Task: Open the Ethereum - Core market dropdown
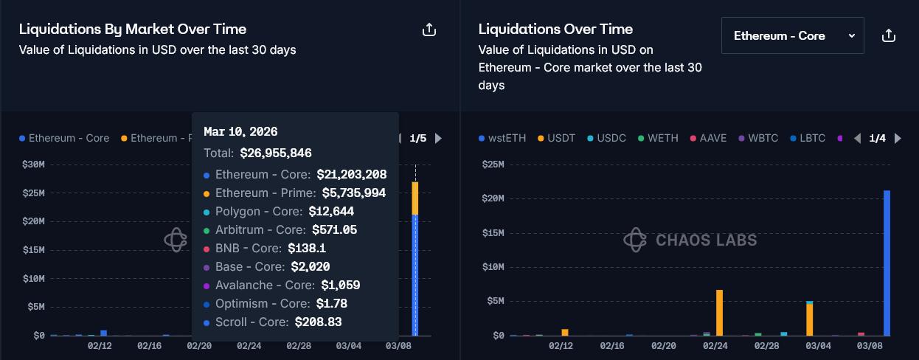[x=792, y=35]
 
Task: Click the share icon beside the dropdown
[x=889, y=35]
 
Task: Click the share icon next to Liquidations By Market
[x=429, y=30]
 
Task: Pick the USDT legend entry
[x=559, y=138]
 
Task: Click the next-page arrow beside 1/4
[x=897, y=138]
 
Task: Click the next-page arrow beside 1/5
[x=438, y=138]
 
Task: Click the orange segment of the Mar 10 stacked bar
[x=415, y=198]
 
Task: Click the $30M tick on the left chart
[x=34, y=165]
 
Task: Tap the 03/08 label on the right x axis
[x=869, y=345]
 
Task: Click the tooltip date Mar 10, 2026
[x=240, y=132]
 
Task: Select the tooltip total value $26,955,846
[x=276, y=153]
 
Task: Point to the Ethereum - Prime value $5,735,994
[x=351, y=193]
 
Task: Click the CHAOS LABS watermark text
[x=706, y=240]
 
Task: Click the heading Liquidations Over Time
[x=555, y=29]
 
